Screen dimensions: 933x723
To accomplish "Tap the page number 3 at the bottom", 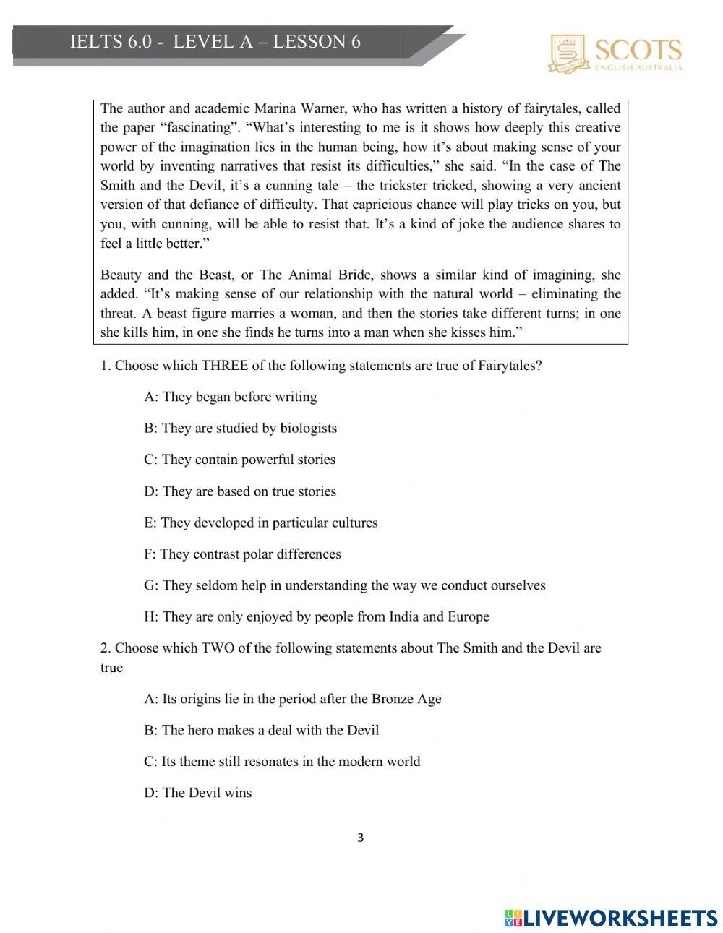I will coord(361,838).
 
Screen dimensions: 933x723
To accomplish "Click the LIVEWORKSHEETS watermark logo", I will coord(611,918).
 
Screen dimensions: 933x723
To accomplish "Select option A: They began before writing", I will coord(230,397).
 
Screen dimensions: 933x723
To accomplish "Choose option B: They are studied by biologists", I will coord(240,428).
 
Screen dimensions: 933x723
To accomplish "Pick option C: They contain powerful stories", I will coord(239,460).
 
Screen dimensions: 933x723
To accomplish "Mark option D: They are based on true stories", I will coord(240,491).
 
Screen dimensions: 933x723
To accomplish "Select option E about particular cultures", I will coord(260,523).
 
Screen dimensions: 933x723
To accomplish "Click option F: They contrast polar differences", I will coord(242,554).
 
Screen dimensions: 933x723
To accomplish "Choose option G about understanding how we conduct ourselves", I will coord(344,585).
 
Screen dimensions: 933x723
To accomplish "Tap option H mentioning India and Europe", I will coord(316,617).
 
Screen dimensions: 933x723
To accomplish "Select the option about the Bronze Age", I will coord(292,699).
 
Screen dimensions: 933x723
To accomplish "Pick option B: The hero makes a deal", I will coord(261,730).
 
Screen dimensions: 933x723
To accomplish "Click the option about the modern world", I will coord(282,762).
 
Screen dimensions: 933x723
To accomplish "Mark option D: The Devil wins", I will coord(197,793).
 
